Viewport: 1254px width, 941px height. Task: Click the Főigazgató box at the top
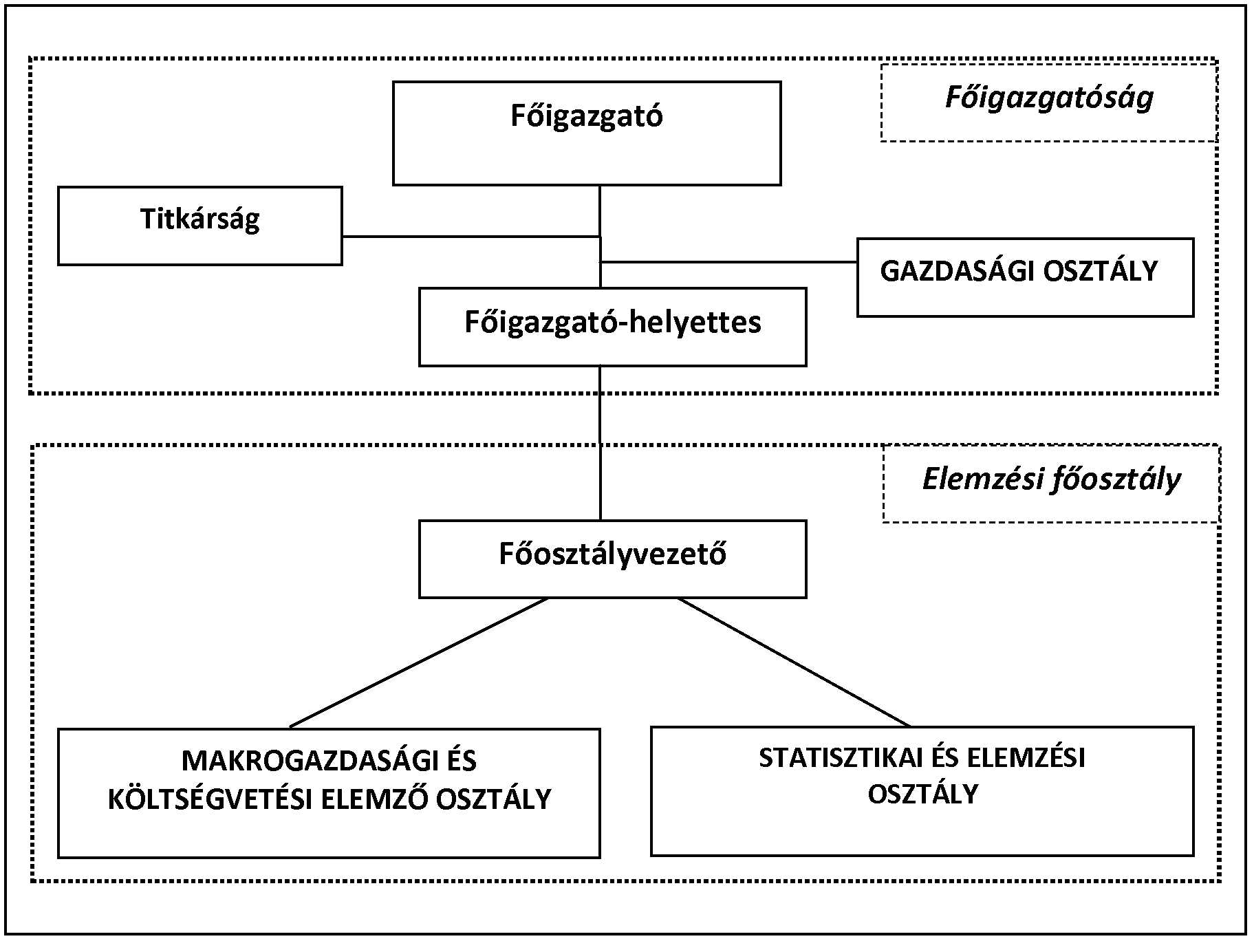(x=586, y=133)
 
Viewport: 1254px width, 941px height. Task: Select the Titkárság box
(x=199, y=225)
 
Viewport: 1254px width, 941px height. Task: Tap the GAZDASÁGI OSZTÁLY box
(x=1024, y=277)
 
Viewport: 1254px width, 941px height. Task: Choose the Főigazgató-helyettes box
(x=612, y=326)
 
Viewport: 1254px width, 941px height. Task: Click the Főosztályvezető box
(x=612, y=559)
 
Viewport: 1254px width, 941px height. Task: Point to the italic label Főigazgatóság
(x=1048, y=98)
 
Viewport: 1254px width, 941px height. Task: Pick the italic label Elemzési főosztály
(x=1050, y=479)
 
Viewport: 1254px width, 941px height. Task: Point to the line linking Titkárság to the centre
(x=471, y=237)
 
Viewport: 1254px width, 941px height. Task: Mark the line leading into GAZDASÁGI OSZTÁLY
(x=729, y=262)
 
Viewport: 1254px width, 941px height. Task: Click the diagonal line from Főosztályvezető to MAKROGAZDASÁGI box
(x=420, y=662)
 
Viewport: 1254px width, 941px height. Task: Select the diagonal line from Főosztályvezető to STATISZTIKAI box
(x=794, y=662)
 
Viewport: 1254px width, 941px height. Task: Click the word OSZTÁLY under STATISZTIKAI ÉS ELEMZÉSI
(x=922, y=794)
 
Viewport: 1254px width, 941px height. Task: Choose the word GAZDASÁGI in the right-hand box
(x=958, y=271)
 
